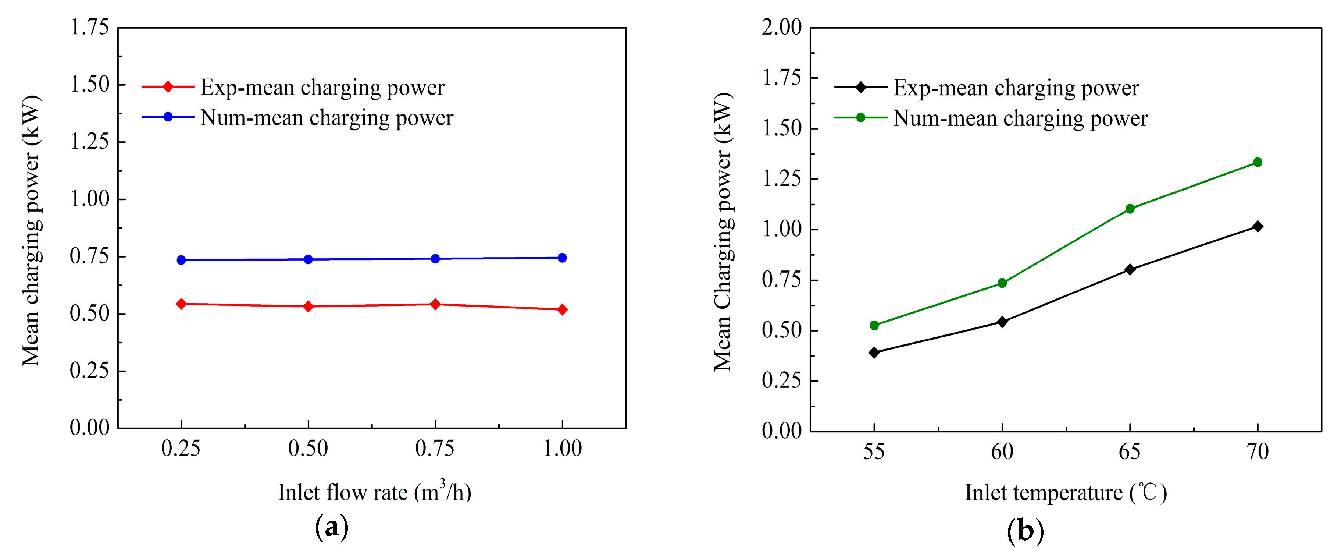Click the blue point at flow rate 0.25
point(181,260)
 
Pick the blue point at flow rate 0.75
point(435,259)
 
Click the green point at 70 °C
point(1258,162)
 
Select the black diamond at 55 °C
point(874,353)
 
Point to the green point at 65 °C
point(1130,209)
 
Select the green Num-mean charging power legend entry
point(1020,118)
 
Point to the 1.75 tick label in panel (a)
point(90,27)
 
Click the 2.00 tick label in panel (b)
point(781,27)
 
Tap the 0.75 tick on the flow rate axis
point(435,448)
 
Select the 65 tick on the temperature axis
point(1130,452)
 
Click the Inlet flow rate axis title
point(374,491)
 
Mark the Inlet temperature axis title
point(1066,492)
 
